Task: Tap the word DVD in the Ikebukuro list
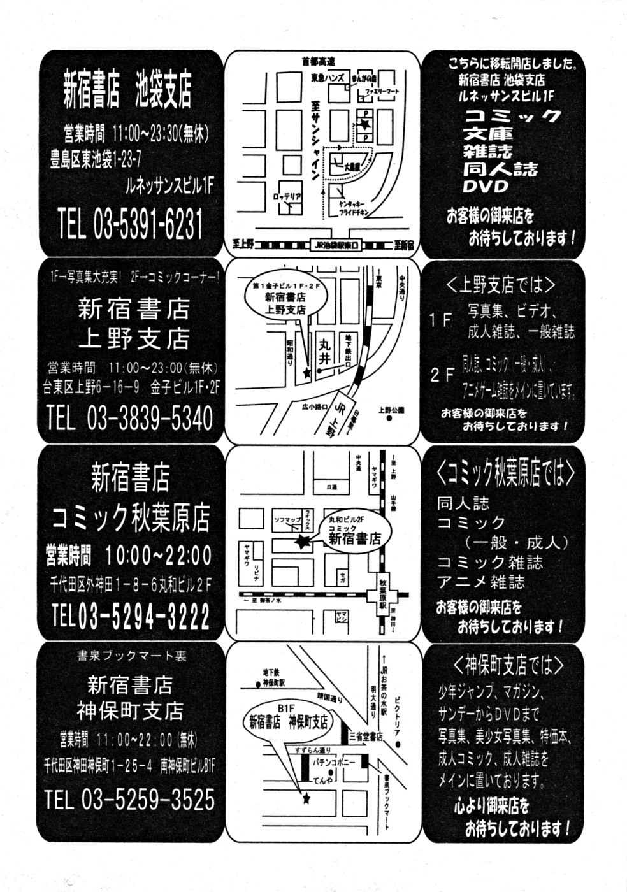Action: pos(486,187)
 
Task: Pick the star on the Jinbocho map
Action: pos(306,797)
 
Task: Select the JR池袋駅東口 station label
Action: pos(337,244)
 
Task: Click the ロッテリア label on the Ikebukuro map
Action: pos(287,196)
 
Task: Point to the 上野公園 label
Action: pos(391,410)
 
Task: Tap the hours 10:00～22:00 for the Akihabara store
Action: pos(159,556)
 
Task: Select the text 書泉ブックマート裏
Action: pos(132,656)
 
